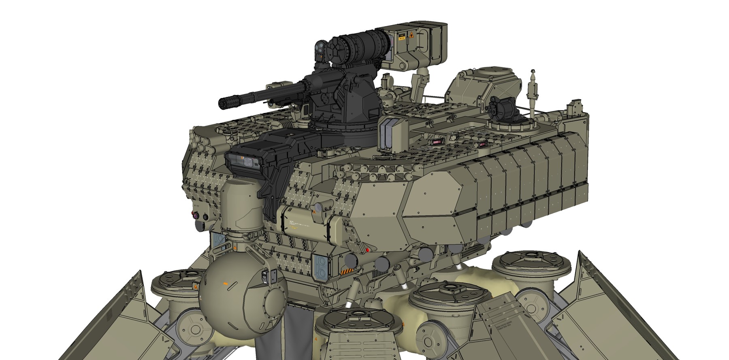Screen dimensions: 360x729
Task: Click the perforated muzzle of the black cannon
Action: tap(224, 104)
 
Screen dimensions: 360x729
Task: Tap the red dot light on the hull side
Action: tap(367, 250)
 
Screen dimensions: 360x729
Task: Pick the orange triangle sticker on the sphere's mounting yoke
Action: tap(234, 246)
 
